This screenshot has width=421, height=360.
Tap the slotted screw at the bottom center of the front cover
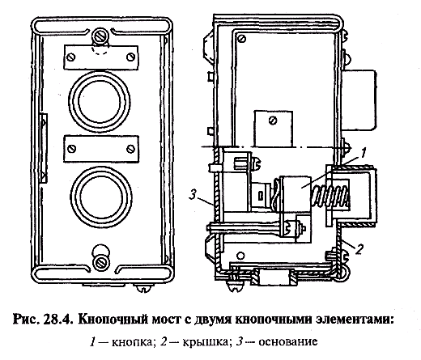101,262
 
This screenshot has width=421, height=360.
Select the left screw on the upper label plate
71,57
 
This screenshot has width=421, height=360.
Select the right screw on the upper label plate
131,57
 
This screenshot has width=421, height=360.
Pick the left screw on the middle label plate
72,149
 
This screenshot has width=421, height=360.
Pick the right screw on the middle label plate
131,149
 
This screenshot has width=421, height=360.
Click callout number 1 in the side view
363,153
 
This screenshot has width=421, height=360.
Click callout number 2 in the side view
359,249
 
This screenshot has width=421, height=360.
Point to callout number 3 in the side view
192,195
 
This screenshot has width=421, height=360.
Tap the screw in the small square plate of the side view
273,121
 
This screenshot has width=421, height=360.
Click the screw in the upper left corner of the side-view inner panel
242,39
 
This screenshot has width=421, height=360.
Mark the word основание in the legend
288,342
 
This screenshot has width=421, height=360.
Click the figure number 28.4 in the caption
59,320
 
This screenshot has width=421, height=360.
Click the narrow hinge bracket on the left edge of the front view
43,148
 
